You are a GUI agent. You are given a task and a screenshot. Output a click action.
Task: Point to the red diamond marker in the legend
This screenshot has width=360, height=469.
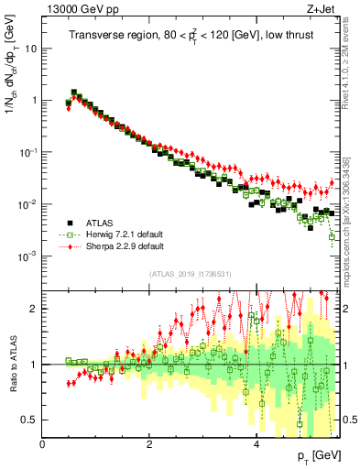(70, 245)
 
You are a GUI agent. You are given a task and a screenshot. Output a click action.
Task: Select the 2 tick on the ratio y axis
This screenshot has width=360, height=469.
(36, 309)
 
